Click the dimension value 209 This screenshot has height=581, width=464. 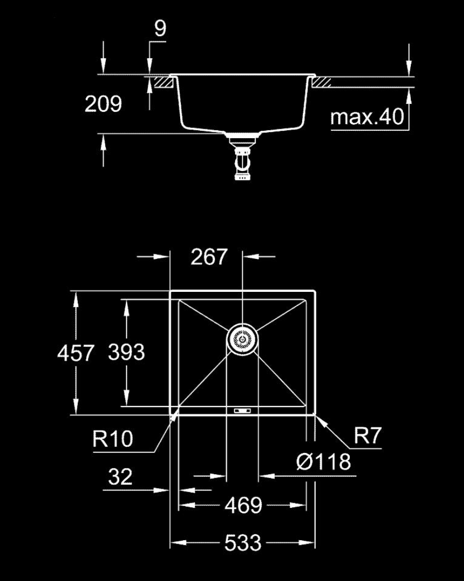pos(103,104)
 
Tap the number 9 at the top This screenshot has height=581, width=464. pos(160,28)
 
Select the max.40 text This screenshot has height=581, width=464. pos(367,117)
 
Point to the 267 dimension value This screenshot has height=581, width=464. pos(208,257)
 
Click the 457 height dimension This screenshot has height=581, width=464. pos(76,353)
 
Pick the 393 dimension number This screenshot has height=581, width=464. pos(126,352)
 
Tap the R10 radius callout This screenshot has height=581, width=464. pos(113,439)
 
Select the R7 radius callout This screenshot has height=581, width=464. pos(368,436)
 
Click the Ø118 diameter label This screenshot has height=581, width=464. pos(324,462)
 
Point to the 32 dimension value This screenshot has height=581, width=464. pos(120,477)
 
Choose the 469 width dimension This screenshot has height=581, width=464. pos(243,506)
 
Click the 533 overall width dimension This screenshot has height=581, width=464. pos(243,543)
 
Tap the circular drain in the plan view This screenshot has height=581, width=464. pos(242,339)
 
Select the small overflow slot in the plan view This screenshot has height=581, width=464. pos(242,410)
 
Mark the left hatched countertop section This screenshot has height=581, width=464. pos(163,82)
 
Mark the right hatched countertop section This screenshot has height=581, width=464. pos(321,82)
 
